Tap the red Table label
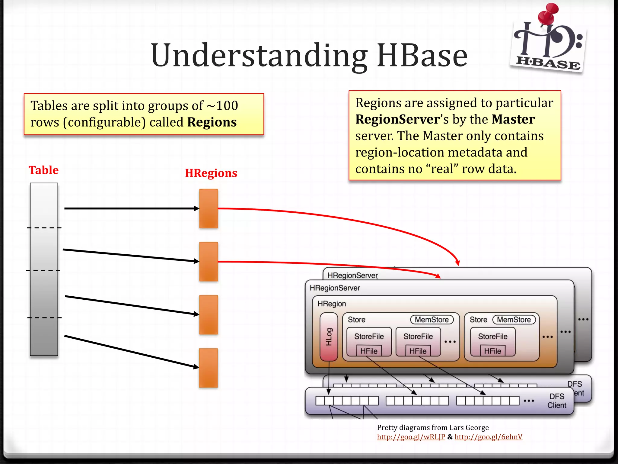tap(43, 170)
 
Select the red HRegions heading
tap(211, 173)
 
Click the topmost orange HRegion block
tap(209, 208)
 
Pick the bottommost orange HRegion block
tap(209, 368)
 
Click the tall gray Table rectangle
tap(44, 269)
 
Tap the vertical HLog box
tap(329, 337)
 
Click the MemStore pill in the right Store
tap(514, 320)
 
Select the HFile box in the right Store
tap(492, 351)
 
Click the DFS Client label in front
tap(557, 401)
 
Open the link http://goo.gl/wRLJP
tap(411, 437)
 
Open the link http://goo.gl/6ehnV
tap(488, 437)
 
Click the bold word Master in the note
tap(513, 119)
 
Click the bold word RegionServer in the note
tap(397, 119)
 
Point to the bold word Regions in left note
tap(212, 122)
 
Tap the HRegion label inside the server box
tap(332, 304)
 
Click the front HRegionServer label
tap(335, 288)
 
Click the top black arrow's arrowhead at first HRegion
tap(197, 208)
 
